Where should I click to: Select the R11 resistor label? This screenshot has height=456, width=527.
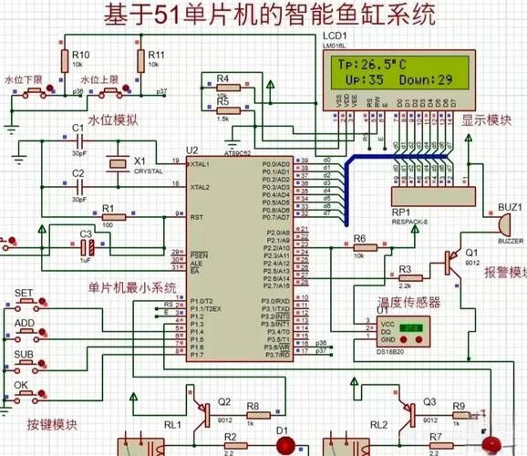[156, 55]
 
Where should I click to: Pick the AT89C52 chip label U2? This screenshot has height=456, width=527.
[191, 150]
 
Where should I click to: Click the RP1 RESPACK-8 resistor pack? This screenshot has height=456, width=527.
[432, 193]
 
